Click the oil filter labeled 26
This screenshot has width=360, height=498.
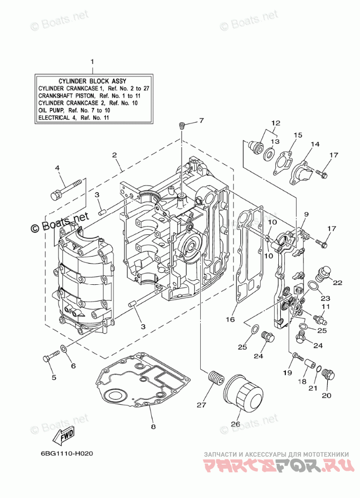click(x=243, y=393)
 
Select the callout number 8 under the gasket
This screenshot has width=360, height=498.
click(x=153, y=426)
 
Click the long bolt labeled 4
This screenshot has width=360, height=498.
click(x=68, y=189)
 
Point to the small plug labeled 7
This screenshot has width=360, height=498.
click(x=182, y=126)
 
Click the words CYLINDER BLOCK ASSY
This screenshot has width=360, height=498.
click(x=92, y=81)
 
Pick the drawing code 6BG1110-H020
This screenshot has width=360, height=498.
click(x=67, y=454)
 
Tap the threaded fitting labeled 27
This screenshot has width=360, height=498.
click(x=215, y=379)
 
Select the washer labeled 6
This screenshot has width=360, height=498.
click(x=63, y=349)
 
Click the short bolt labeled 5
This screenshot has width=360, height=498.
click(x=51, y=355)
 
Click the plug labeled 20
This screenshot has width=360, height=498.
click(x=328, y=375)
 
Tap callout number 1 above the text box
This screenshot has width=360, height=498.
click(x=92, y=61)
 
